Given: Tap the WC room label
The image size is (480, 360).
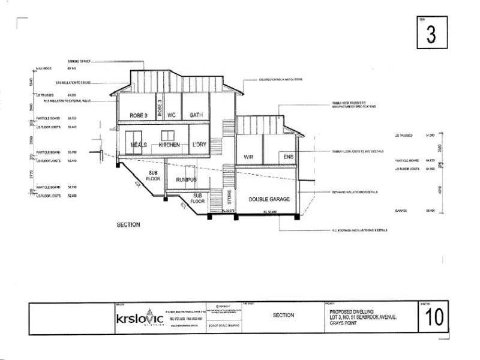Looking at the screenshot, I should [x=171, y=115].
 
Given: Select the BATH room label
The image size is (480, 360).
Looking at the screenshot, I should [x=198, y=115].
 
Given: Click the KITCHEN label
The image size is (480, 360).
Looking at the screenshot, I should [x=169, y=145].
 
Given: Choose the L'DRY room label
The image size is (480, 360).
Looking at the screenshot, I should [x=199, y=145].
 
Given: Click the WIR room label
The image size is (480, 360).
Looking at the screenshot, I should [x=250, y=157].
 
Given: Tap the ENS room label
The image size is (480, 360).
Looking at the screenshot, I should [x=289, y=157].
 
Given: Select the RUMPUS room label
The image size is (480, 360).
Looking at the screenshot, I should [x=186, y=179].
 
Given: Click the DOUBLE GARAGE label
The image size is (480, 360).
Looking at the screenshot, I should [x=266, y=199].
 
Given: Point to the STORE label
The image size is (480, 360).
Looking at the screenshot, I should [x=229, y=196].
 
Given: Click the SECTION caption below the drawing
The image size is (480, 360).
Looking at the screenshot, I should [x=128, y=225].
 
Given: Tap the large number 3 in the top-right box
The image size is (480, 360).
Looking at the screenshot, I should [x=431, y=34].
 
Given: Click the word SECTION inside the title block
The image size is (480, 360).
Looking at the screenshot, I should [x=283, y=315].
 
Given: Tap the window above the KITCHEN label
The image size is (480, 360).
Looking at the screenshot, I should [x=169, y=135].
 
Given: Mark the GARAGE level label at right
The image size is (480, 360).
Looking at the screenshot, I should [x=401, y=211].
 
